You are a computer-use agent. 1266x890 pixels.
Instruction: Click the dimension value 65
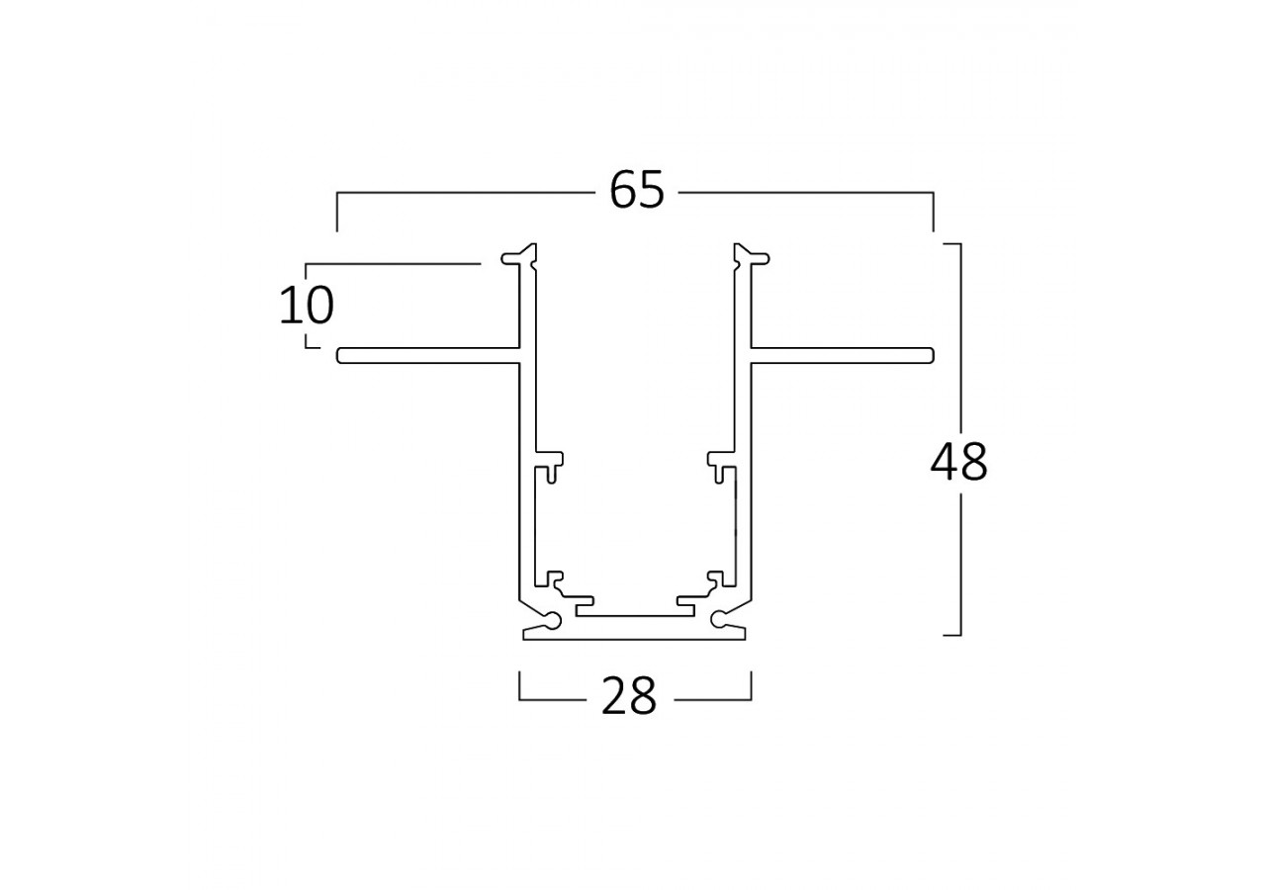[x=637, y=190]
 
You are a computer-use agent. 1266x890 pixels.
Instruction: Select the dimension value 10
[x=306, y=307]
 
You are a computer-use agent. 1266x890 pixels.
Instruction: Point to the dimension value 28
[x=629, y=697]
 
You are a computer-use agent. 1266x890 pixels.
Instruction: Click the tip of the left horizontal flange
[x=341, y=356]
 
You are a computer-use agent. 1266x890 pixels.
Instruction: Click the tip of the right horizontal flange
[x=930, y=356]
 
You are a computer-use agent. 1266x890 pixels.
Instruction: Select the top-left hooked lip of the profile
[x=514, y=258]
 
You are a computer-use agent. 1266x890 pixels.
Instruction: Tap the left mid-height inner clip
[x=551, y=462]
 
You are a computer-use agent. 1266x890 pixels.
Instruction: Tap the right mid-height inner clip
[x=719, y=462]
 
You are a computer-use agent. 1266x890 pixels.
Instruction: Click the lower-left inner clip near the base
[x=554, y=579]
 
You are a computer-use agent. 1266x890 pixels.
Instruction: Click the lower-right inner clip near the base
[x=716, y=579]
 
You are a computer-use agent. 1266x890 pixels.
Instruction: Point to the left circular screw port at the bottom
[x=551, y=620]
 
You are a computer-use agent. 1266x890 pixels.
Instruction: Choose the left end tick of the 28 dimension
[x=520, y=686]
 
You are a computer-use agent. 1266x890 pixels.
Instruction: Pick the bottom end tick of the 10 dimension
[x=308, y=346]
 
